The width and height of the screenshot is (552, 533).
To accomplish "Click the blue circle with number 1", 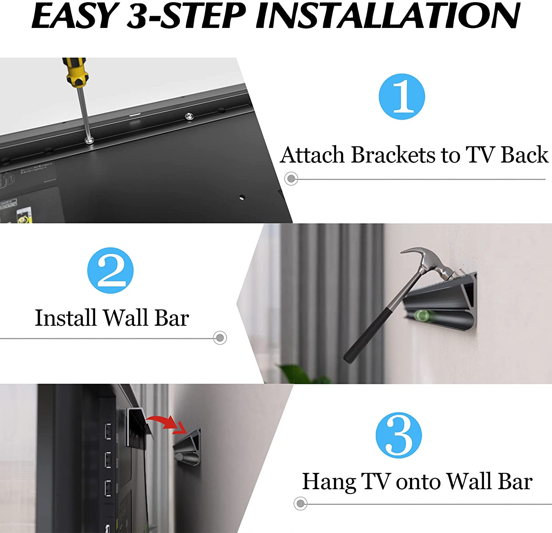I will point(402,96).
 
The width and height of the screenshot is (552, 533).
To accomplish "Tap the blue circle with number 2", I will point(110,270).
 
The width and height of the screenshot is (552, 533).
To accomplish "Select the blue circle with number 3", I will point(399,435).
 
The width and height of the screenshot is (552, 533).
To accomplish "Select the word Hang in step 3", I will point(329,482).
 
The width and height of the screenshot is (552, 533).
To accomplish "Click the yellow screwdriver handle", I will point(75,72).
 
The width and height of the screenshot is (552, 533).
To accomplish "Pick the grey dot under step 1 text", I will point(291,179).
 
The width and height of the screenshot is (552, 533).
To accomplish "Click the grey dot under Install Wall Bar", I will point(220,338).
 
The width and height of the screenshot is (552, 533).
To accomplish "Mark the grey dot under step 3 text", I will point(301,503).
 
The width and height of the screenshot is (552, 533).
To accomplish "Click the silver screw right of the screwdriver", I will point(190,117).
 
